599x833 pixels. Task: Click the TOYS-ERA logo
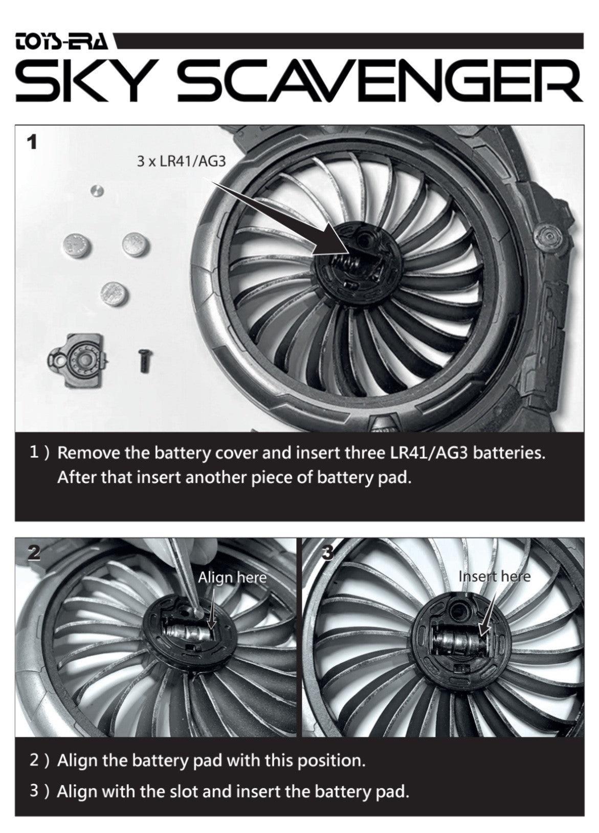[x=62, y=41]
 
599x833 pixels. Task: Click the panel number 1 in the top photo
[x=32, y=143]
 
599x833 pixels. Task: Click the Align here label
[x=232, y=578]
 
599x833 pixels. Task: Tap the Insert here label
[x=494, y=576]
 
